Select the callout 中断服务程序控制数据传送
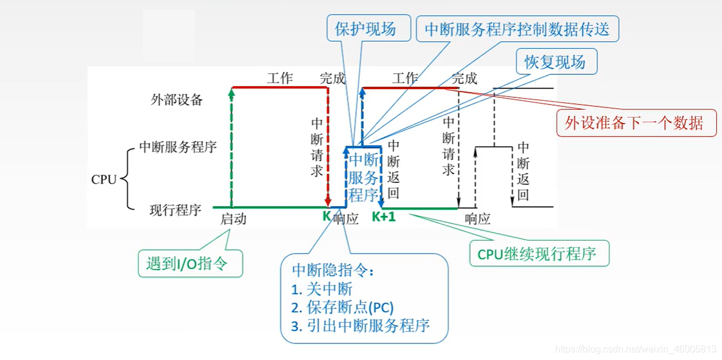[x=517, y=29]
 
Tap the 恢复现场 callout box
[x=555, y=62]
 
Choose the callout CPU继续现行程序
[x=540, y=254]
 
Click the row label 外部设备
[x=177, y=100]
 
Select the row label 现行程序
[x=175, y=210]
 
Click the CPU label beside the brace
[x=104, y=179]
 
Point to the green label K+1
[x=384, y=217]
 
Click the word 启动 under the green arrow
[x=233, y=219]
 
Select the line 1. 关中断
[x=322, y=289]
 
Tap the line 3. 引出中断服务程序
[x=360, y=326]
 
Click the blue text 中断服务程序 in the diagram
[x=363, y=177]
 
